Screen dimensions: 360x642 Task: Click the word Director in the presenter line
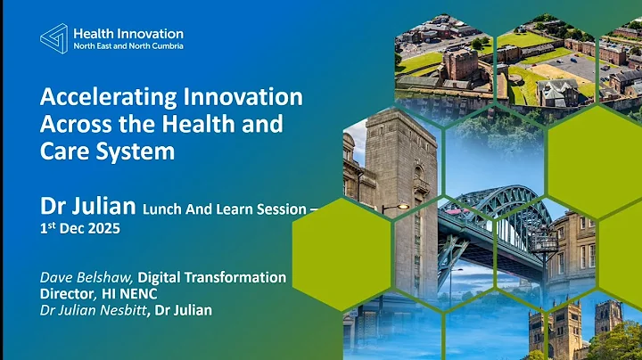66,292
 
